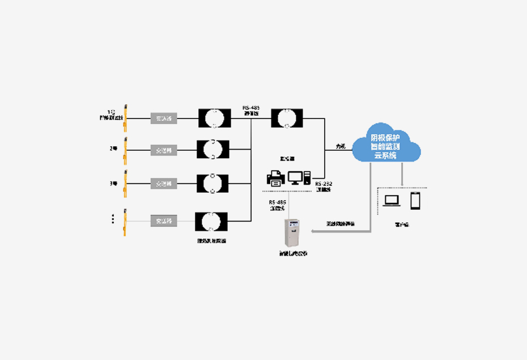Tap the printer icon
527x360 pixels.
(276, 179)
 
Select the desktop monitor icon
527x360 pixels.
(296, 178)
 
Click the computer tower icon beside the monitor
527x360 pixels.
(308, 178)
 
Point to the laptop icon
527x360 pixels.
(392, 201)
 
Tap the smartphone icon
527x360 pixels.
(415, 200)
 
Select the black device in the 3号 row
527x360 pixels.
(212, 184)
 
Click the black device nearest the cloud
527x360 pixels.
(287, 118)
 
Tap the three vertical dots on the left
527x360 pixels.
(113, 219)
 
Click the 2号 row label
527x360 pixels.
(113, 149)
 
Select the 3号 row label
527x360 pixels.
(113, 183)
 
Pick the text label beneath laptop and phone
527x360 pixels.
(402, 225)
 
